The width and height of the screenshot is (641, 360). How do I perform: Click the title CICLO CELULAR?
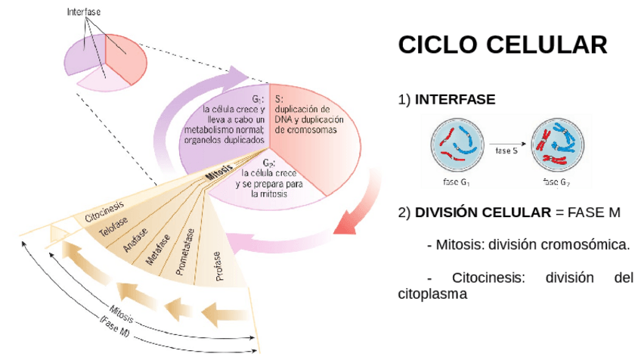pos(502,45)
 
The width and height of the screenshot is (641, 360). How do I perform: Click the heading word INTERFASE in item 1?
pos(455,99)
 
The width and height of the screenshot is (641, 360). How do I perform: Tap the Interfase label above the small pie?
pos(83,12)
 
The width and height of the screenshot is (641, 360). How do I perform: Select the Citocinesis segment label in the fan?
pos(104,214)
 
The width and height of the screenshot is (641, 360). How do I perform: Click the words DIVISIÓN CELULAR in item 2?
pos(483,213)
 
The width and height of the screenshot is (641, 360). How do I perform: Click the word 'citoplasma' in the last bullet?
pos(433,293)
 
